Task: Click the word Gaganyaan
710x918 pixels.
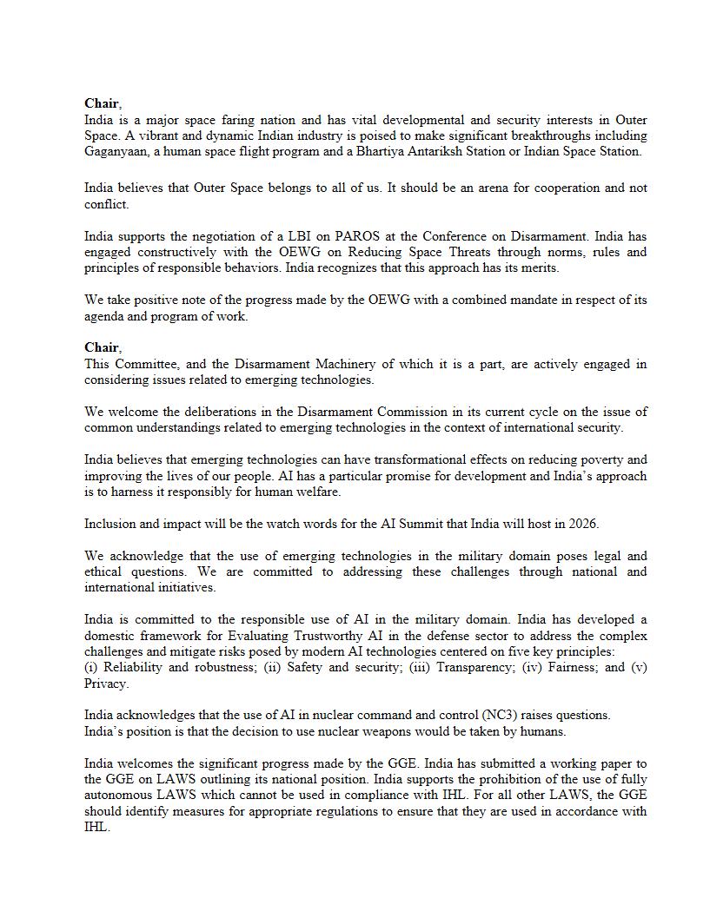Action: (x=114, y=152)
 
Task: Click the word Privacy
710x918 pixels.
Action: (x=106, y=684)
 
